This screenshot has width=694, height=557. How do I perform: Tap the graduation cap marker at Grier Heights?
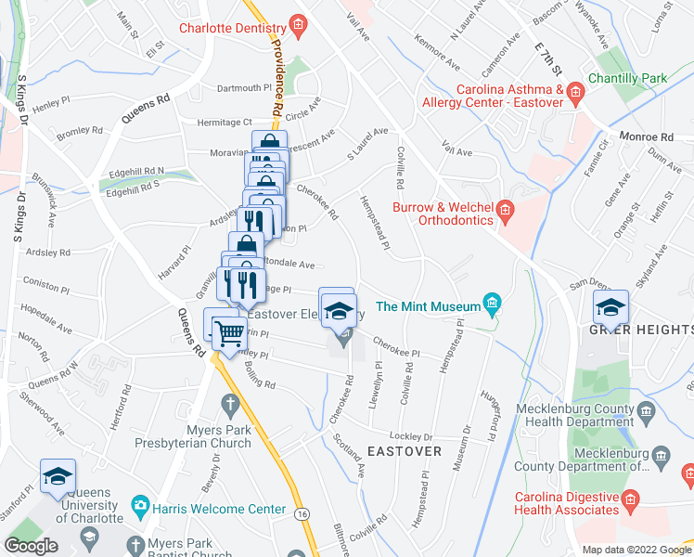point(611,307)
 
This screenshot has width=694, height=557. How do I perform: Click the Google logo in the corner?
point(32,546)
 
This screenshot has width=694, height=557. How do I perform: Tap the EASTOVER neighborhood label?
point(404,450)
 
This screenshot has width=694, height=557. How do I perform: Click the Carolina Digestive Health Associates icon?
point(630,501)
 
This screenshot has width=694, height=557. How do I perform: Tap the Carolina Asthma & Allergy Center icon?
point(575,91)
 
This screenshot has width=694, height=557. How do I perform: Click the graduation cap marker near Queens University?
point(58,477)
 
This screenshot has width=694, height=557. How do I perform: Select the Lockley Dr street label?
point(412,436)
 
